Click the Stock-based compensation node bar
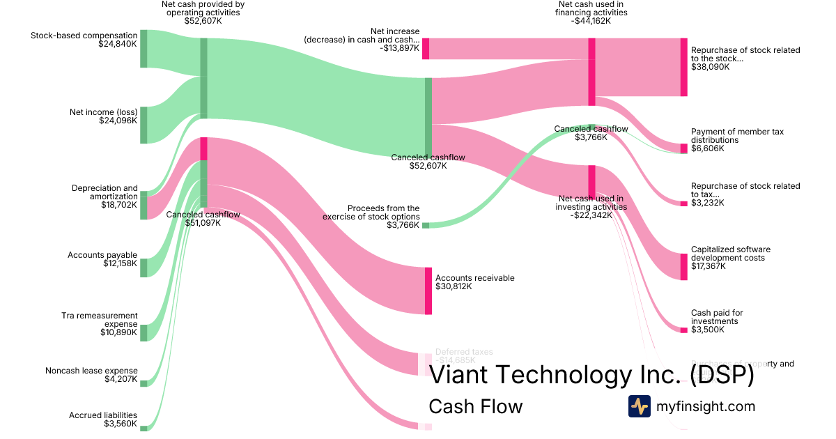point(144,48)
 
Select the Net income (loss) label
point(103,111)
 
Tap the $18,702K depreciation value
point(118,205)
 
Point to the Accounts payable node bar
point(144,268)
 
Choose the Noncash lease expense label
point(91,371)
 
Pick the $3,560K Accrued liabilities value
point(120,424)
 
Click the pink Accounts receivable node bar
point(428,291)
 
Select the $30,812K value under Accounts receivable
point(454,286)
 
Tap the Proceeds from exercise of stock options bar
point(425,225)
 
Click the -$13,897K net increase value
point(399,48)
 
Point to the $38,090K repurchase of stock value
point(710,68)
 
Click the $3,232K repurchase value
point(707,203)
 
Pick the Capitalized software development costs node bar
point(683,266)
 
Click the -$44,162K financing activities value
point(591,21)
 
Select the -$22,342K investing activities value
point(591,215)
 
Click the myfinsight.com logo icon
point(639,406)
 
